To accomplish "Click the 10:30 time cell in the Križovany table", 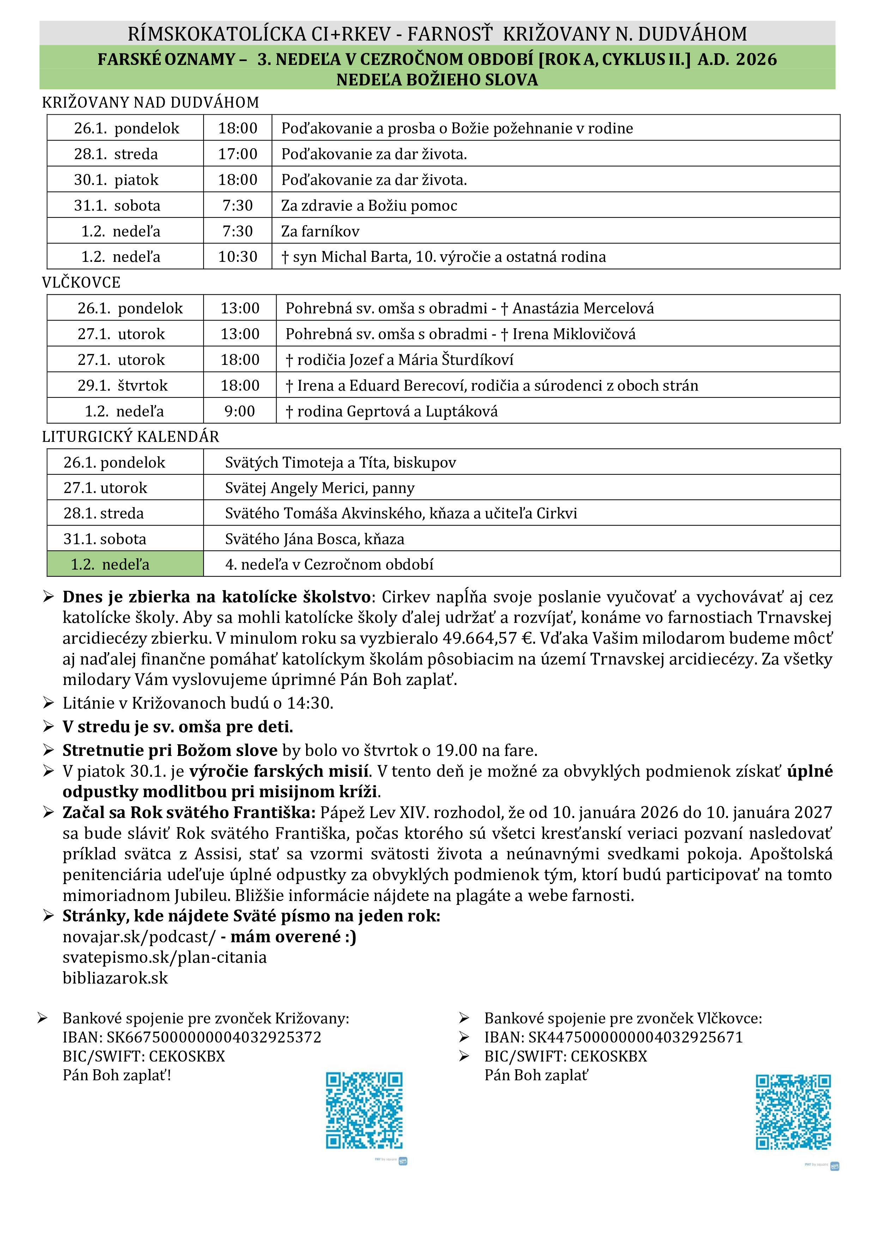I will tap(238, 257).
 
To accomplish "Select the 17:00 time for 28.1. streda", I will tap(238, 154).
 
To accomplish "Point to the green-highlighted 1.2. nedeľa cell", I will tap(125, 565).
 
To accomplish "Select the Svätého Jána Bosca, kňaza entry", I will tap(315, 539).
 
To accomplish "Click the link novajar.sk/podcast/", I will tap(139, 937).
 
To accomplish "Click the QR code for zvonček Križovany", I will tap(364, 1111).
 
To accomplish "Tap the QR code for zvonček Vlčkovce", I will tap(793, 1112).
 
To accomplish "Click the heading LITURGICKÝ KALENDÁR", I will tap(130, 437).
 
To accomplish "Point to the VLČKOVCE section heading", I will tap(81, 283).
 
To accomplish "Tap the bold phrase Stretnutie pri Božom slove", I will tap(170, 751).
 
